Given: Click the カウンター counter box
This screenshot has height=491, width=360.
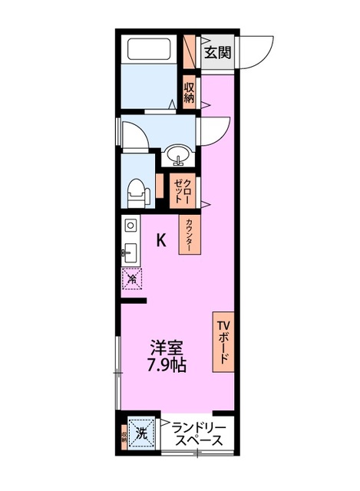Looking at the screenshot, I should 187,235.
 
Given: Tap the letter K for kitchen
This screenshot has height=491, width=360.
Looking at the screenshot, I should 161,240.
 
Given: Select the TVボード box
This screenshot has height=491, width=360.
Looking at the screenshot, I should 223,342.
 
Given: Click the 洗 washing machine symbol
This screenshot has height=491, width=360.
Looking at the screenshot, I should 142,432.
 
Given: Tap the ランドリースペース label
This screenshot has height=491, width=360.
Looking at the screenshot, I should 197,434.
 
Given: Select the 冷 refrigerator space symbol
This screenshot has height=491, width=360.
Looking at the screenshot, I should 131,278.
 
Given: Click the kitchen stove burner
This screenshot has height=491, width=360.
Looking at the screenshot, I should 130,226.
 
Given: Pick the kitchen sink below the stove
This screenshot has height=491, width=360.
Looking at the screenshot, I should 130,251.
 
